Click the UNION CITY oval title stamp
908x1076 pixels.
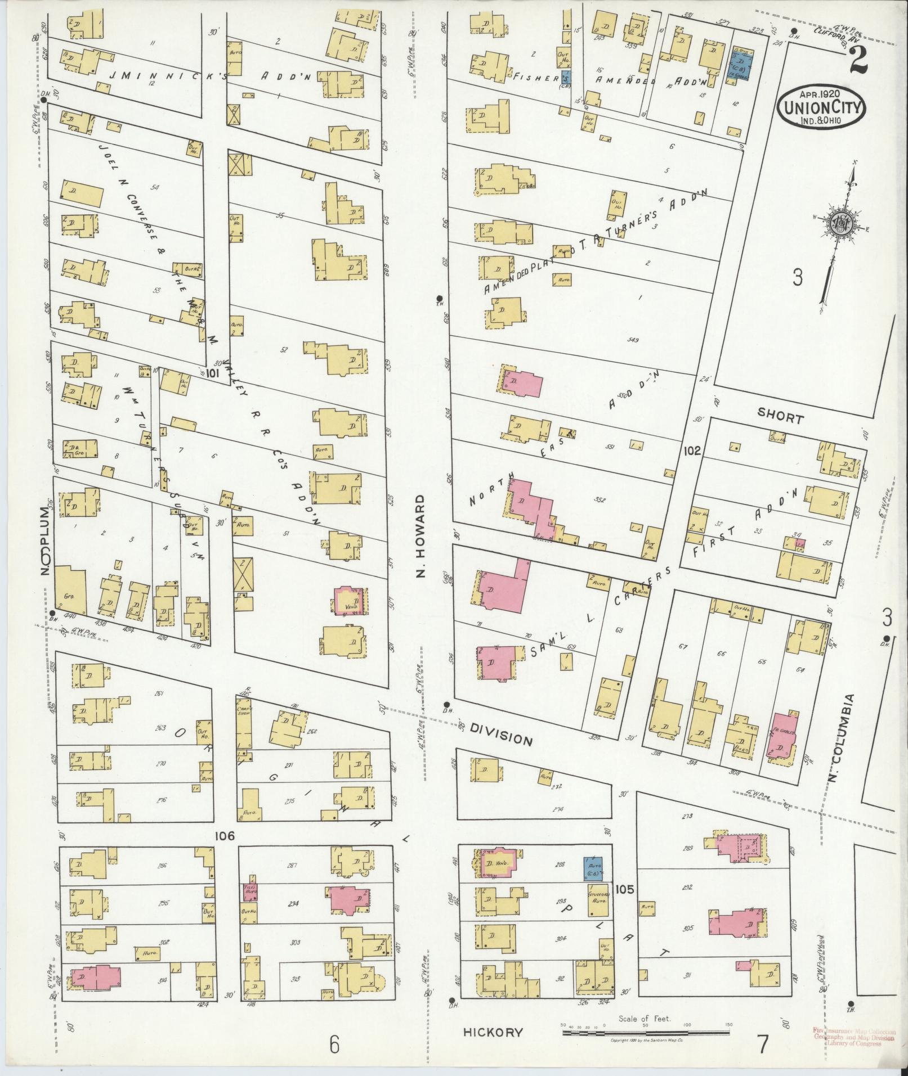[822, 107]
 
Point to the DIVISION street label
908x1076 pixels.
[501, 735]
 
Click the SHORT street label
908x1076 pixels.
[780, 418]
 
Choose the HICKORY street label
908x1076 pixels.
[493, 1032]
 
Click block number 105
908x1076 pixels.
[625, 905]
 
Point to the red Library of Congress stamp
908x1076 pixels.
[853, 1037]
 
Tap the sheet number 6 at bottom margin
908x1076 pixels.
[334, 1045]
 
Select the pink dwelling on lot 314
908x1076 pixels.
[92, 978]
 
